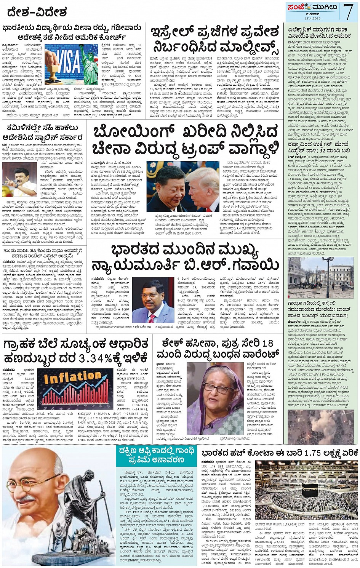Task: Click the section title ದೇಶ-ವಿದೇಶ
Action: click(37, 12)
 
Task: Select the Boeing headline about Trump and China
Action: click(186, 139)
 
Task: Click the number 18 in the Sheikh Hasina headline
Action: click(267, 343)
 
